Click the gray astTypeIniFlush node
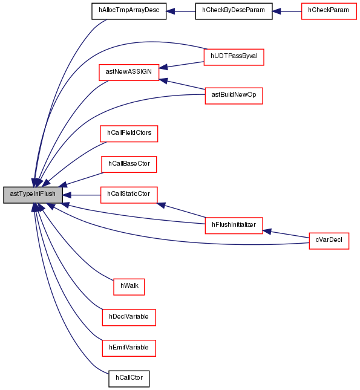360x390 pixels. click(x=33, y=195)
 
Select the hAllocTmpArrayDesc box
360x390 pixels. click(x=129, y=11)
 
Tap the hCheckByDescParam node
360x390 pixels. click(x=234, y=11)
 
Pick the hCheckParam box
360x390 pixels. click(x=329, y=11)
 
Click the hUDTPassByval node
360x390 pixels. click(x=234, y=57)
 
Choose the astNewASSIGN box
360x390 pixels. click(x=129, y=73)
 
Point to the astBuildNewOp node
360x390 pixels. click(x=234, y=96)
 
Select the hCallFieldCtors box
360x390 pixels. click(x=129, y=134)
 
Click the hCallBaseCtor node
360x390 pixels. click(x=129, y=164)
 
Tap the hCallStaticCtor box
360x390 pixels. click(x=129, y=195)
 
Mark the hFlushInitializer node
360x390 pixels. click(x=234, y=226)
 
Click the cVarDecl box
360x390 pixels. click(x=329, y=241)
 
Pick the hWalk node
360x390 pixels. click(x=129, y=287)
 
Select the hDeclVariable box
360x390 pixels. click(x=129, y=317)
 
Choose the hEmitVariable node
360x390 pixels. click(x=129, y=348)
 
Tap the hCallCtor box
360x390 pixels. click(x=129, y=379)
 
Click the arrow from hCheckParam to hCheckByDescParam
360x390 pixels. click(x=287, y=11)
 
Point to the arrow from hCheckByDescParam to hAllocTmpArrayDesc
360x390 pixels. click(x=181, y=11)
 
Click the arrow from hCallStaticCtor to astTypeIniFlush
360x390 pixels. click(x=82, y=195)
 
